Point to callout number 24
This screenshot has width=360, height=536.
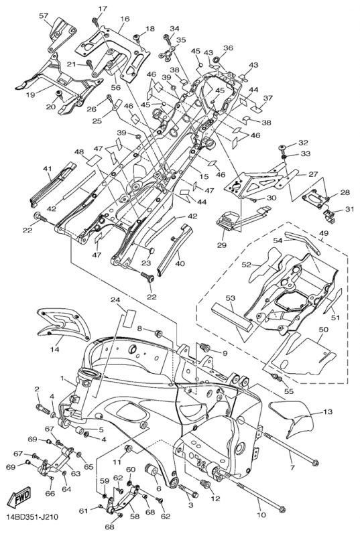115,299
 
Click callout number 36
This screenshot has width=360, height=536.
228,48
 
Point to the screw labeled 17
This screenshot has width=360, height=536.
96,21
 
